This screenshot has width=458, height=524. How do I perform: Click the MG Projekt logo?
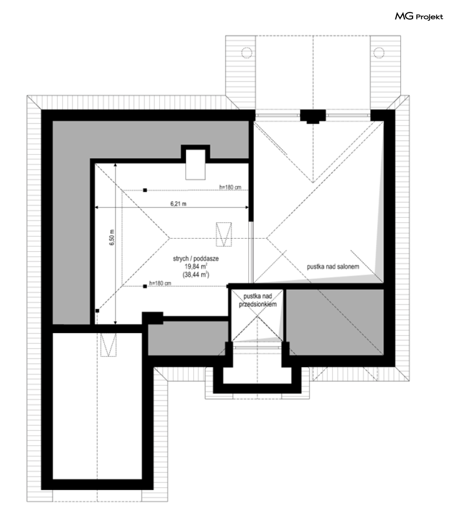pyautogui.click(x=419, y=16)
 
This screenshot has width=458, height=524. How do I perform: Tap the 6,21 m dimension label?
pyautogui.click(x=178, y=204)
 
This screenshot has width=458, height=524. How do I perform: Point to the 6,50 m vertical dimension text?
pyautogui.click(x=112, y=238)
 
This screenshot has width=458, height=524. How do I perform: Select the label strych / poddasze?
pyautogui.click(x=196, y=259)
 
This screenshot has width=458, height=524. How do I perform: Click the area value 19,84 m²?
pyautogui.click(x=196, y=266)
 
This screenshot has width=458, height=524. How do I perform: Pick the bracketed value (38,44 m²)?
pyautogui.click(x=196, y=275)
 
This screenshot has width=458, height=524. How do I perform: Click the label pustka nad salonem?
pyautogui.click(x=333, y=267)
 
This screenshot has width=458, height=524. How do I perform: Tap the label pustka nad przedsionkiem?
pyautogui.click(x=258, y=300)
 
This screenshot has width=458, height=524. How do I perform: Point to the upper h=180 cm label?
pyautogui.click(x=230, y=187)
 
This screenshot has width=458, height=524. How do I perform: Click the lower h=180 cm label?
pyautogui.click(x=160, y=283)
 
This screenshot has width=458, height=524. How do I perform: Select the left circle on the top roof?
pyautogui.click(x=246, y=53)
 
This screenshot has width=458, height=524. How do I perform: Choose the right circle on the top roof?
pyautogui.click(x=379, y=53)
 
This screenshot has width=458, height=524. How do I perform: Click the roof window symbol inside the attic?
pyautogui.click(x=224, y=234)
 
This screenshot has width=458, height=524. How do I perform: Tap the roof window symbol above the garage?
pyautogui.click(x=109, y=345)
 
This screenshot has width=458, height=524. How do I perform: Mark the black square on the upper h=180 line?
pyautogui.click(x=145, y=190)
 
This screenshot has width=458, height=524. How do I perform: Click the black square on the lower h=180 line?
pyautogui.click(x=145, y=286)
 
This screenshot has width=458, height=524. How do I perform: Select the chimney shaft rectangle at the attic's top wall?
pyautogui.click(x=195, y=165)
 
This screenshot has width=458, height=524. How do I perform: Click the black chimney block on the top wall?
pyautogui.click(x=313, y=116)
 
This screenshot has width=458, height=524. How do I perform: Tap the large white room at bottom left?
pyautogui.click(x=97, y=406)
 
